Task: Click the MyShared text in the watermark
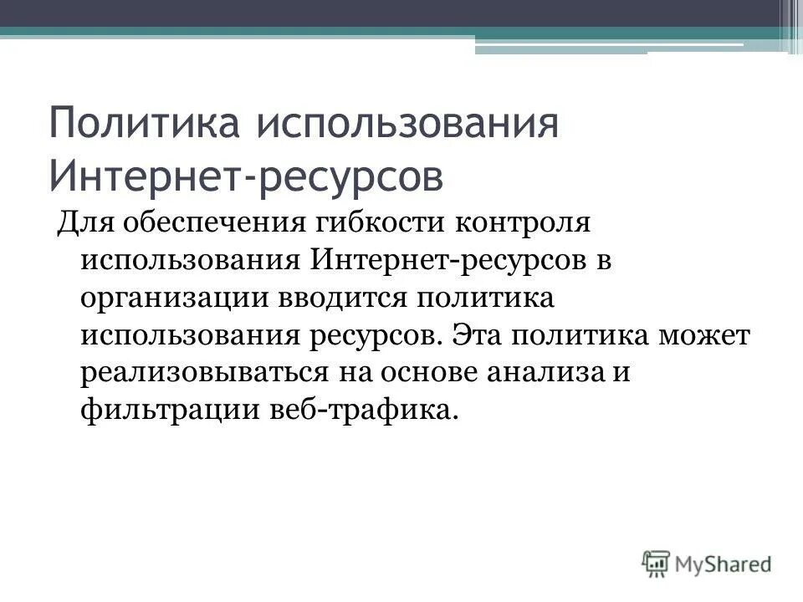[x=724, y=564]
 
